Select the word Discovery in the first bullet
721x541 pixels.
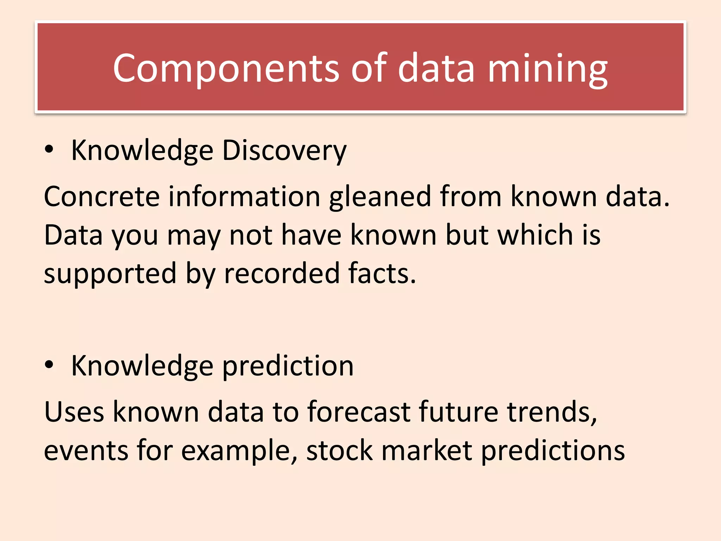(x=284, y=150)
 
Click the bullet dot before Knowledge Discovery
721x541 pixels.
(x=49, y=149)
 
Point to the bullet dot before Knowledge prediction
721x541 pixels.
(x=49, y=365)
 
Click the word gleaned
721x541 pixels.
(x=380, y=196)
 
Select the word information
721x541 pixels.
(x=244, y=196)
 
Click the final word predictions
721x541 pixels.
(x=553, y=451)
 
